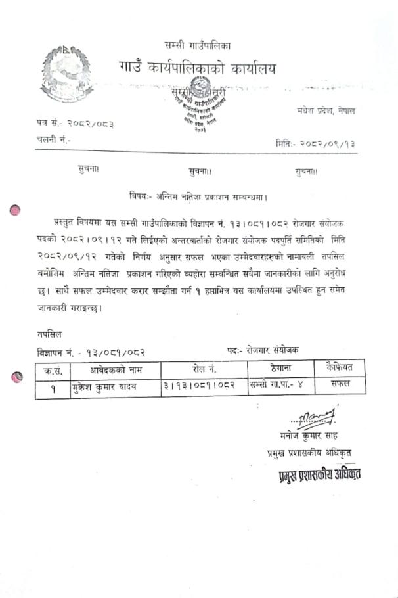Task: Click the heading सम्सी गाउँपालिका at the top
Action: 198,45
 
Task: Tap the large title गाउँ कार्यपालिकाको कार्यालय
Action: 197,68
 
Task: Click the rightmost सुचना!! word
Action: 306,172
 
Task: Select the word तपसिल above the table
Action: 50,334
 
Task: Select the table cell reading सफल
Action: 340,382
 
